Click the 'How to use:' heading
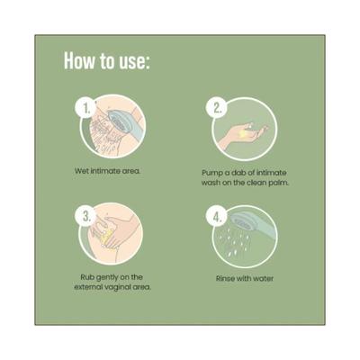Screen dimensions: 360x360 tap(106, 61)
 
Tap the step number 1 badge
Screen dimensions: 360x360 tap(86, 109)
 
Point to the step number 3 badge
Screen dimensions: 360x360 tap(86, 216)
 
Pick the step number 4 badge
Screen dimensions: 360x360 tap(217, 217)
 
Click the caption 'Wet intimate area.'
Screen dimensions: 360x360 tap(108, 171)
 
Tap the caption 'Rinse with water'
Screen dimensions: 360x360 tap(245, 279)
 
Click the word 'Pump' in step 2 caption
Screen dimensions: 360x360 tap(211, 173)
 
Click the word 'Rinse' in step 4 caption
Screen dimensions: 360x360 tap(225, 279)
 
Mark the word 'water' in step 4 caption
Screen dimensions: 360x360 tap(263, 279)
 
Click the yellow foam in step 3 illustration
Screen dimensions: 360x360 tap(106, 238)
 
